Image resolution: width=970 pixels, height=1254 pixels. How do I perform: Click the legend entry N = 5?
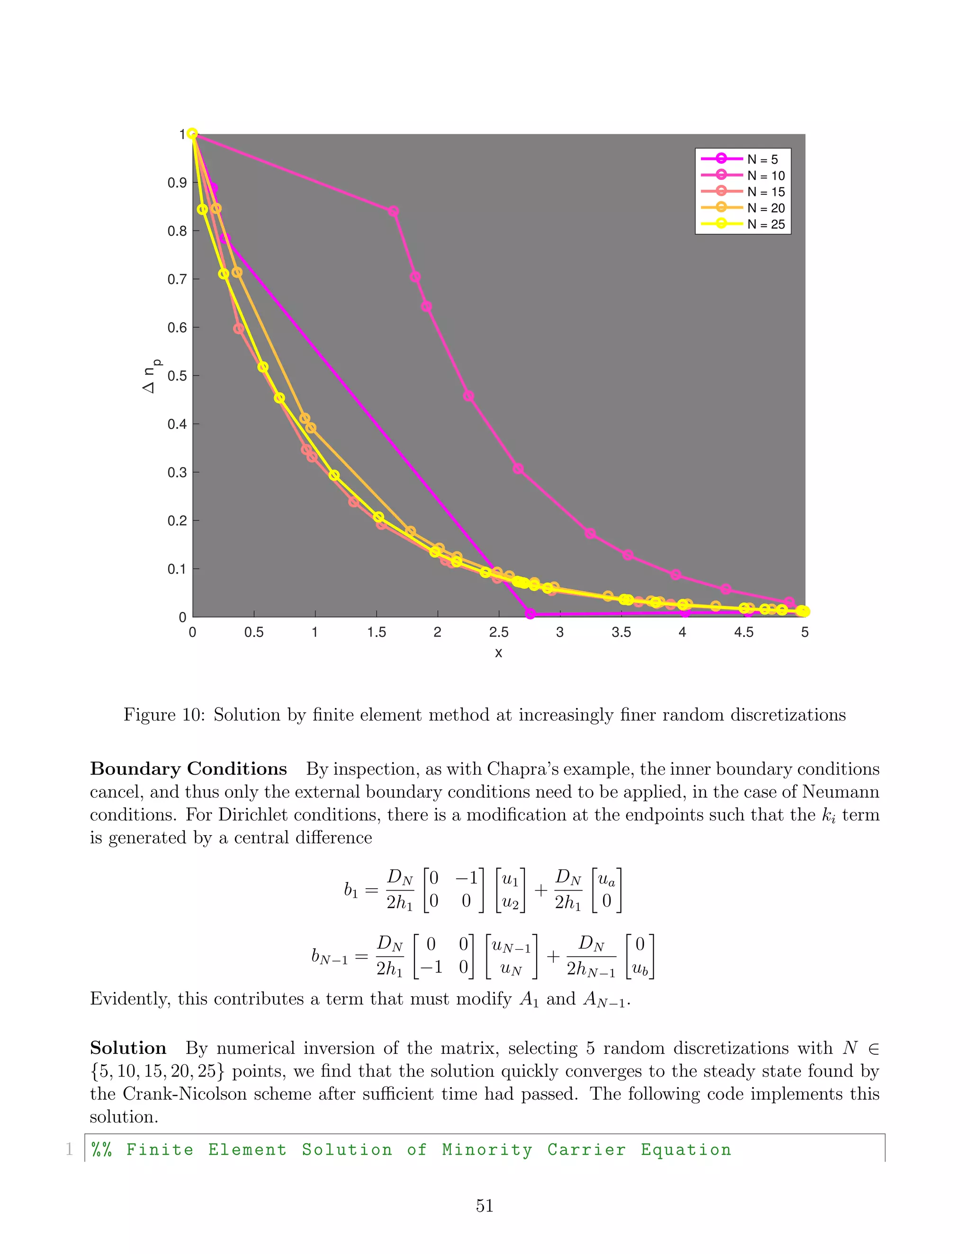click(762, 159)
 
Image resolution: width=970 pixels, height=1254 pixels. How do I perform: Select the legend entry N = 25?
click(765, 224)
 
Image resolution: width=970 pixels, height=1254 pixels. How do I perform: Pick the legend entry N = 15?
click(765, 192)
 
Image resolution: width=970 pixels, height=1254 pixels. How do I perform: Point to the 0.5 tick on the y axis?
click(177, 376)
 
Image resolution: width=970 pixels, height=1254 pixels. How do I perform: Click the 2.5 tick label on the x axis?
click(498, 633)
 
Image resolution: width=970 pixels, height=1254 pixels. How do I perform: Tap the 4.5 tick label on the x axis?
click(743, 633)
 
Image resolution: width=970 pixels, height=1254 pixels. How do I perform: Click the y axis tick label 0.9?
click(177, 183)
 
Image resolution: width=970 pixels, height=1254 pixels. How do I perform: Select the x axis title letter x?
click(498, 653)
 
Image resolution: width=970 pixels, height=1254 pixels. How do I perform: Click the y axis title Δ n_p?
click(151, 376)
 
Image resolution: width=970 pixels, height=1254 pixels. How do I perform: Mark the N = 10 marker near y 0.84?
click(393, 212)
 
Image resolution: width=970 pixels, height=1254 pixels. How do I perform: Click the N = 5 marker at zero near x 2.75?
click(530, 614)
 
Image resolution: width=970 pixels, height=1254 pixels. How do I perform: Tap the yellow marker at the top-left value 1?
click(192, 134)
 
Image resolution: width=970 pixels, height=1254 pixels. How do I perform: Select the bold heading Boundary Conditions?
click(189, 769)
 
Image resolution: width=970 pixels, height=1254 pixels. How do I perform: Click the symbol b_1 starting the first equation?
click(350, 891)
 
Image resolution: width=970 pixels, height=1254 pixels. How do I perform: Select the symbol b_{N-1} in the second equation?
click(329, 956)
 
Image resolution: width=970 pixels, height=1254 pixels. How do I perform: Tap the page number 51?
click(485, 1206)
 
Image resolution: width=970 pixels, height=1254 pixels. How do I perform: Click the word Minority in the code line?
click(487, 1150)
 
